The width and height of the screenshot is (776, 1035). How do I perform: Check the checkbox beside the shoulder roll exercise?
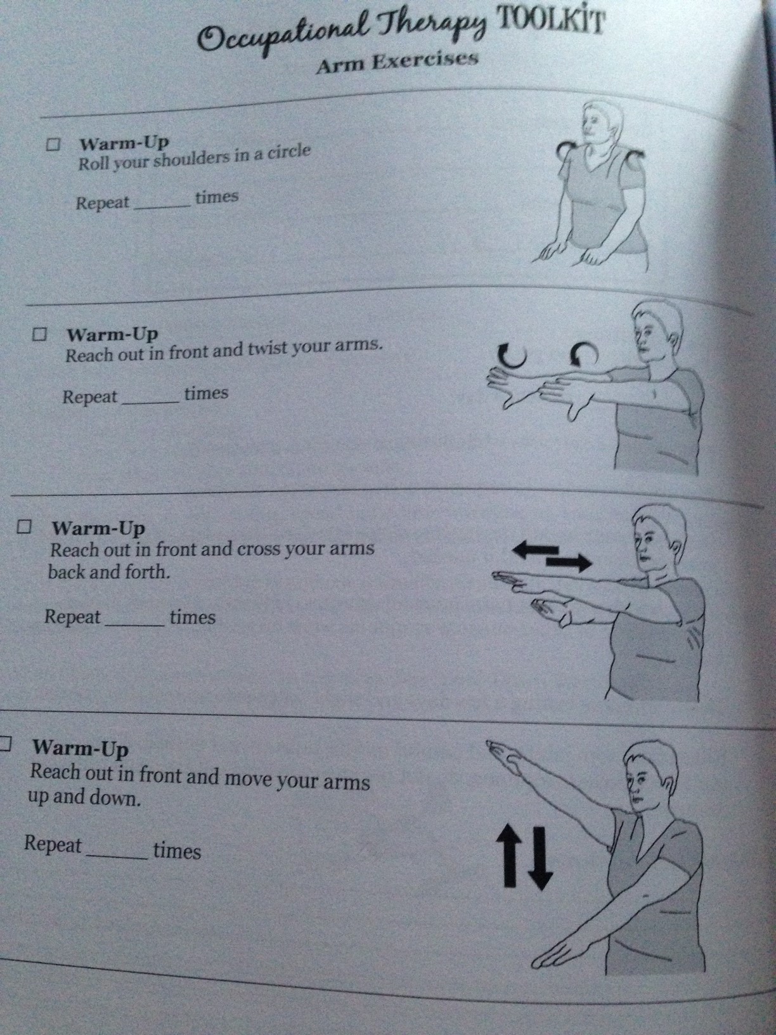(53, 145)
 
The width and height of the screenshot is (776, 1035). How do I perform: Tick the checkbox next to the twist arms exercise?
(41, 334)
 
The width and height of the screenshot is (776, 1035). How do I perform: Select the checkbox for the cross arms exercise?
(25, 527)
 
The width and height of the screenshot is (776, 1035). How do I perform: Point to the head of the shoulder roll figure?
(600, 122)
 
